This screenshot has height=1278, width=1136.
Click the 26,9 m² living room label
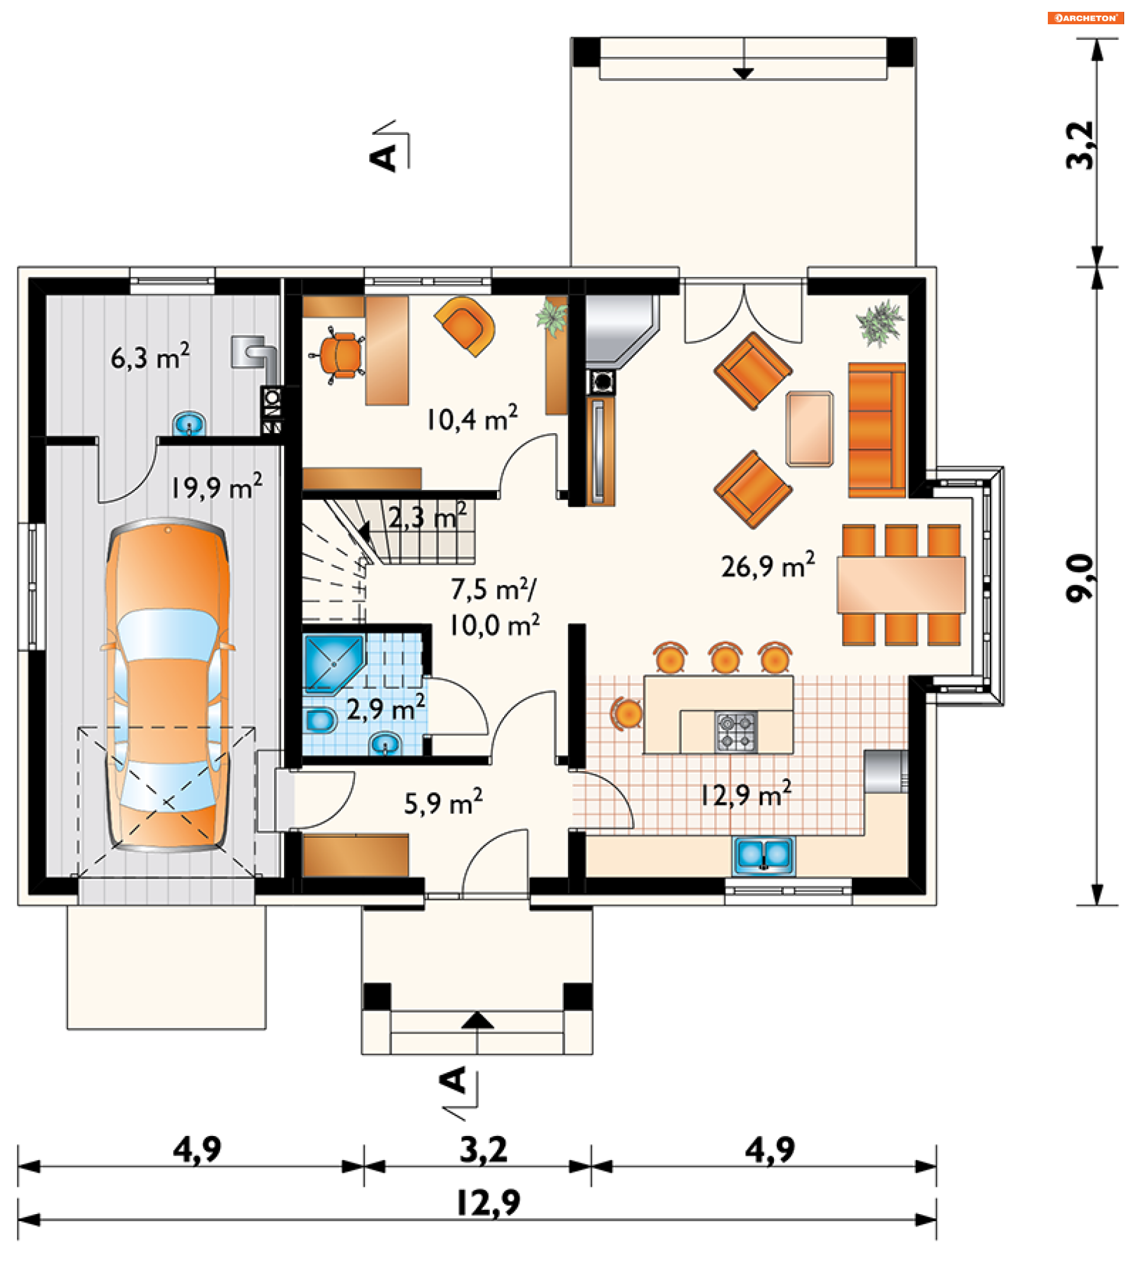pos(768,564)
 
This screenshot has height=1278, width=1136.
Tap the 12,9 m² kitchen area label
pos(745,794)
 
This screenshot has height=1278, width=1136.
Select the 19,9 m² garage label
pos(217,487)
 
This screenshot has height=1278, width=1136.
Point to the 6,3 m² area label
pos(150,357)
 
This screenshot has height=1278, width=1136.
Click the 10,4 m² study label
pos(472,418)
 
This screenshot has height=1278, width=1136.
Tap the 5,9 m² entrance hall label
pos(443,803)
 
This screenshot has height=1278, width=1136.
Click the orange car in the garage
pos(167,684)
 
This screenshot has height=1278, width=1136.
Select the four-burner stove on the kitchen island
pos(736,731)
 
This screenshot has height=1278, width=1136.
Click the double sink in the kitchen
pos(763,855)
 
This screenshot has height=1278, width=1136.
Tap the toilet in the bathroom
pos(319,721)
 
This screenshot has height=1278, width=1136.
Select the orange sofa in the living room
pos(876,430)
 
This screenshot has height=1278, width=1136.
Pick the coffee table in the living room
pos(809,429)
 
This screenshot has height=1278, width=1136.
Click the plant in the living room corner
pos(880,323)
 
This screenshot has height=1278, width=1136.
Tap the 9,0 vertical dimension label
pos(1080,577)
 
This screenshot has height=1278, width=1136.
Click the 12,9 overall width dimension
pos(488,1202)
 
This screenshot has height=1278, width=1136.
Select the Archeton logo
pos(1085,18)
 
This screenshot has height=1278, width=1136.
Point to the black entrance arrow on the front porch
pos(477,1021)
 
